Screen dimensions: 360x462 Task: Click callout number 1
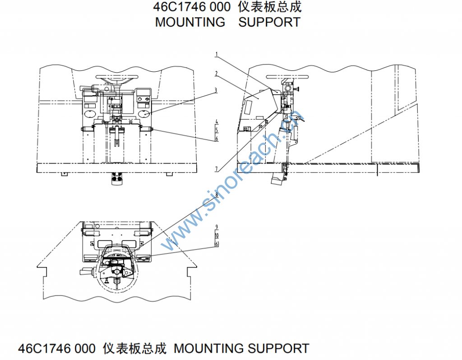tap(217, 55)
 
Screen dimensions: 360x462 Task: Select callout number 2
tap(217, 74)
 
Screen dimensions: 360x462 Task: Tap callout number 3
tap(216, 90)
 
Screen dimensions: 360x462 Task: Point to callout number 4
tap(217, 122)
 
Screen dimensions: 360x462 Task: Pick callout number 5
tap(217, 130)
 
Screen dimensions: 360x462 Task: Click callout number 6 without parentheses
tap(217, 139)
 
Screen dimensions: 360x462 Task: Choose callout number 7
tap(217, 169)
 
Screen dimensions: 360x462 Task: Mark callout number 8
tap(217, 195)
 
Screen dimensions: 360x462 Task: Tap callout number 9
tap(217, 226)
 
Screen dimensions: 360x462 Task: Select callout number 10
tap(217, 235)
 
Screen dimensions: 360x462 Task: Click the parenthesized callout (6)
tap(217, 244)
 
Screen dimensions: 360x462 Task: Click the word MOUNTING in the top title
tap(190, 22)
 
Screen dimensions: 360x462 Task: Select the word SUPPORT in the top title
tap(269, 22)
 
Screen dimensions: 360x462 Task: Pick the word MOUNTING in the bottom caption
tap(208, 348)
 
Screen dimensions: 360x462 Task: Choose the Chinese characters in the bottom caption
tap(134, 348)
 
